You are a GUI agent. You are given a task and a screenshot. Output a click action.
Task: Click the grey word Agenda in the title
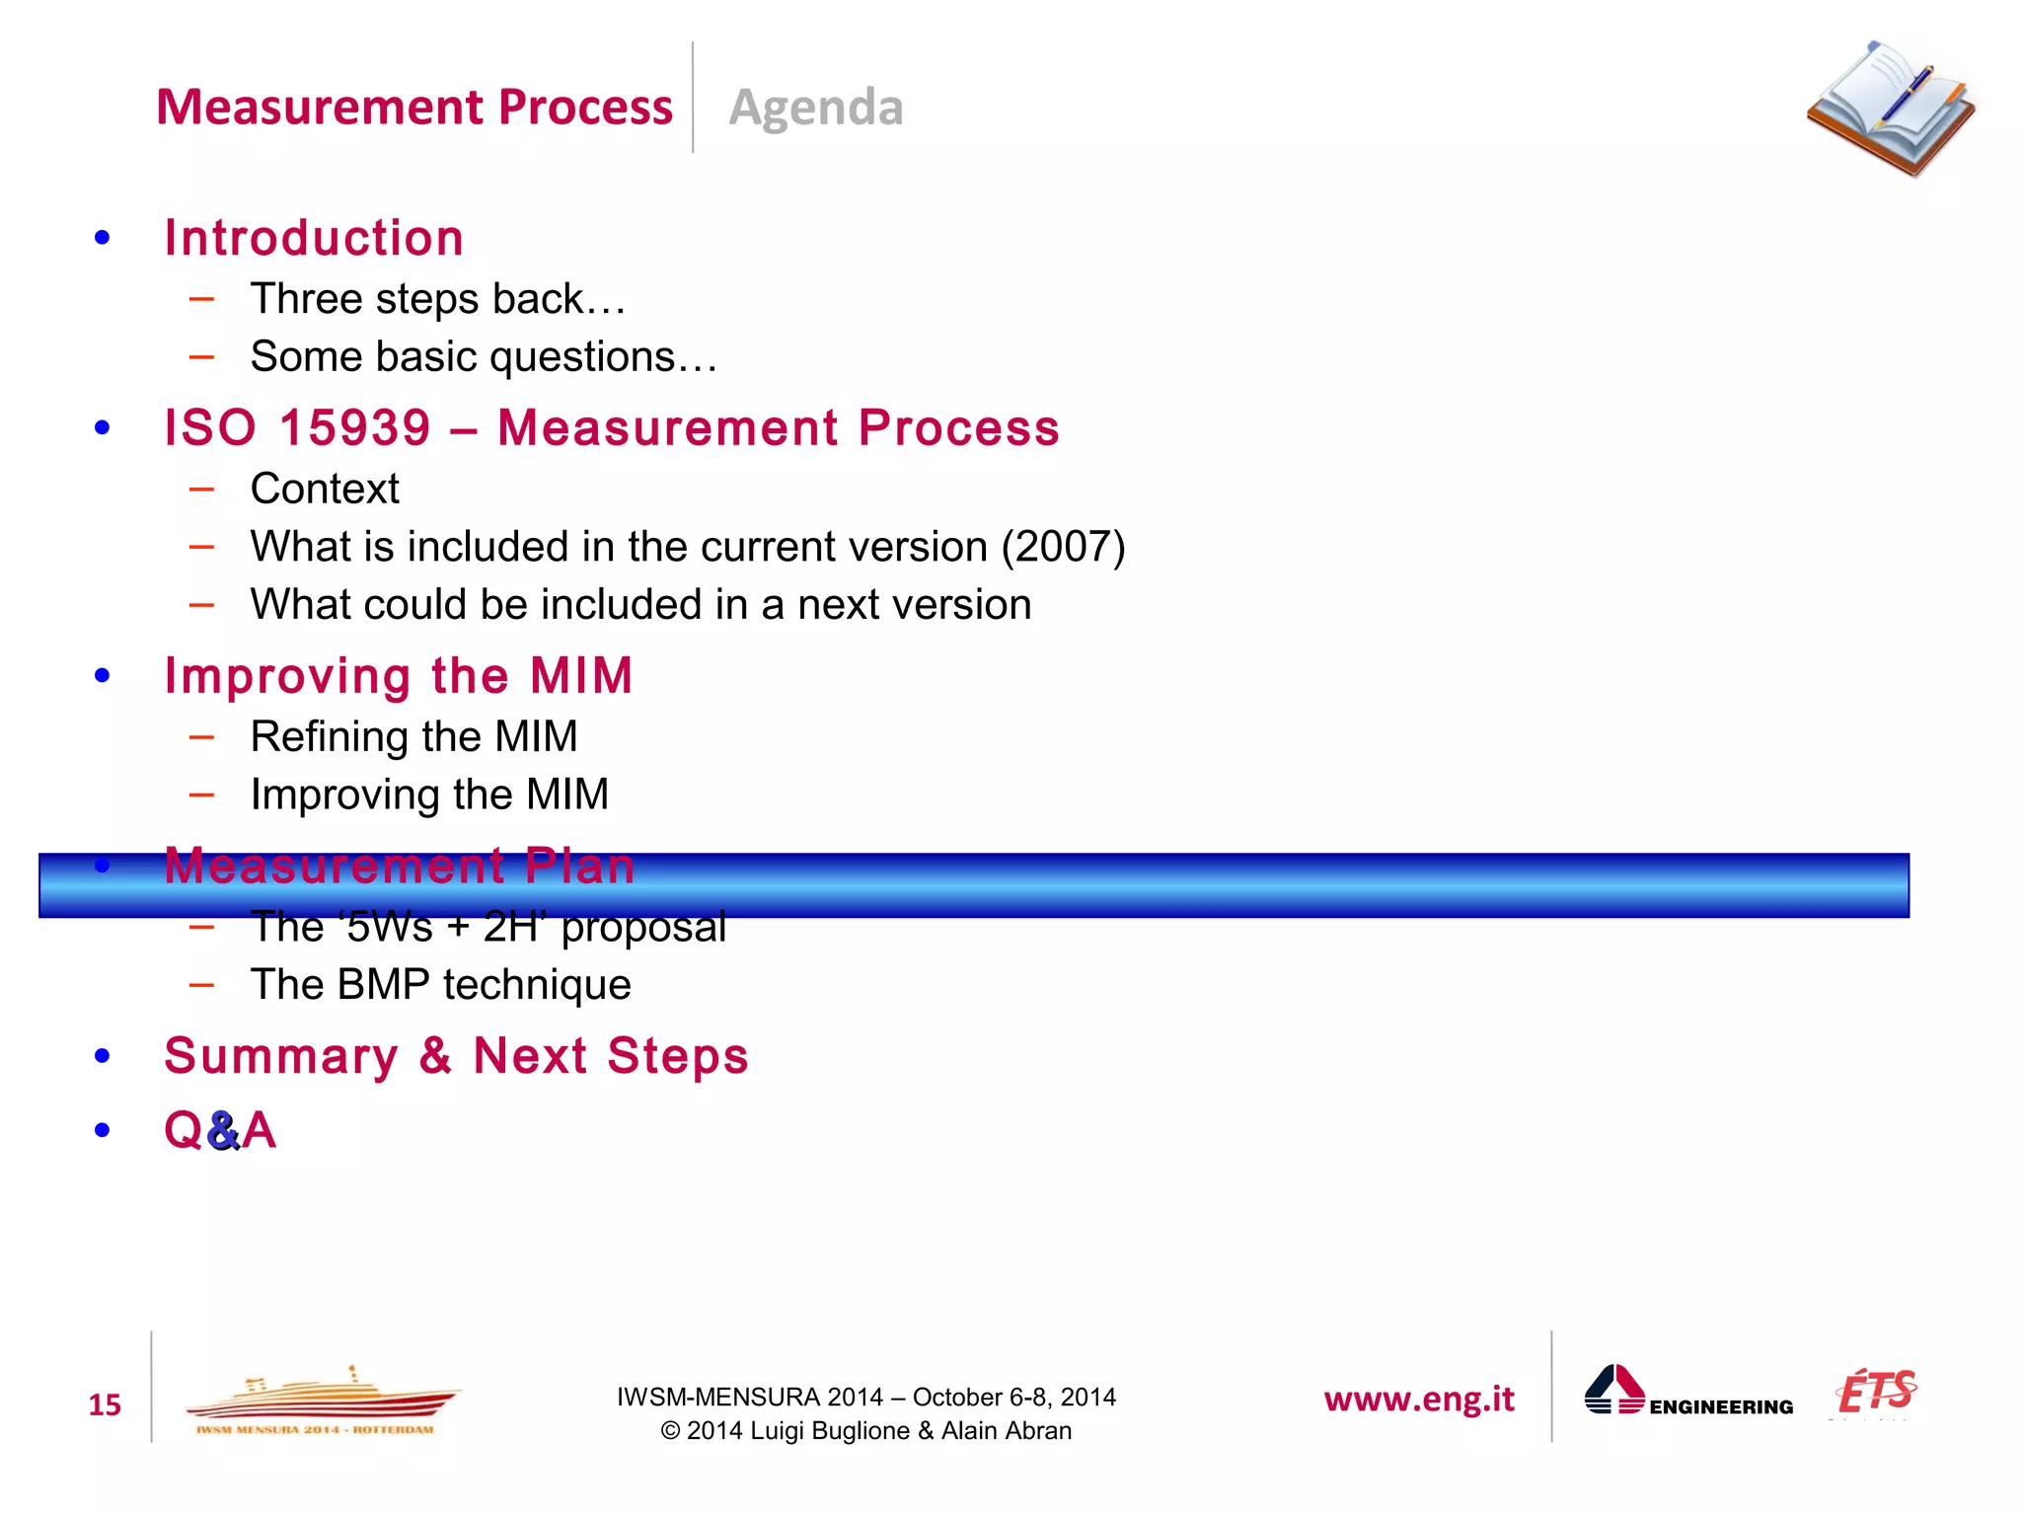click(x=816, y=107)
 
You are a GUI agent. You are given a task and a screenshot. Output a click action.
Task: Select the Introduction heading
click(x=314, y=238)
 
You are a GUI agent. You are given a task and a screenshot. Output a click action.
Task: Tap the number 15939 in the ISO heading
click(x=355, y=428)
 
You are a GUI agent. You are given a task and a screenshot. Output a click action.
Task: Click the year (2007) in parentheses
click(x=1063, y=547)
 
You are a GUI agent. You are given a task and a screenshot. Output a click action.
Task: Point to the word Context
click(x=325, y=489)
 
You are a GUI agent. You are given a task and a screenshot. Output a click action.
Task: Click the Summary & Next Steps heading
click(x=456, y=1056)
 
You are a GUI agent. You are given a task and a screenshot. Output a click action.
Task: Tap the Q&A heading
click(x=220, y=1130)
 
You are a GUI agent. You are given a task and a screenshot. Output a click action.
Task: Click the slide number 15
click(x=105, y=1404)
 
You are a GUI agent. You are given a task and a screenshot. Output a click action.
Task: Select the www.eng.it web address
click(x=1418, y=1399)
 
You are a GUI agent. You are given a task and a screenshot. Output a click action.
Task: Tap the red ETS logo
click(x=1876, y=1392)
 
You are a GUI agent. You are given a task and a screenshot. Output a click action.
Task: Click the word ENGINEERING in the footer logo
click(x=1721, y=1407)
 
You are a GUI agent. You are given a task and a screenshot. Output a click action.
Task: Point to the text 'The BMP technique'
click(x=440, y=985)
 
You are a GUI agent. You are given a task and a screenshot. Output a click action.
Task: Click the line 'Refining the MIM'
click(x=413, y=736)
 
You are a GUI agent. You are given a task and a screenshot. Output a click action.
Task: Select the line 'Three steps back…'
click(x=438, y=299)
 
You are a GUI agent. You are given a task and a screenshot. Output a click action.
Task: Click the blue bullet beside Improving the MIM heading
click(x=103, y=676)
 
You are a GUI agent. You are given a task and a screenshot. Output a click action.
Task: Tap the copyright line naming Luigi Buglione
click(x=865, y=1431)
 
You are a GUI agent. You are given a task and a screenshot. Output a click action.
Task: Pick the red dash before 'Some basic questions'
click(x=202, y=357)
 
